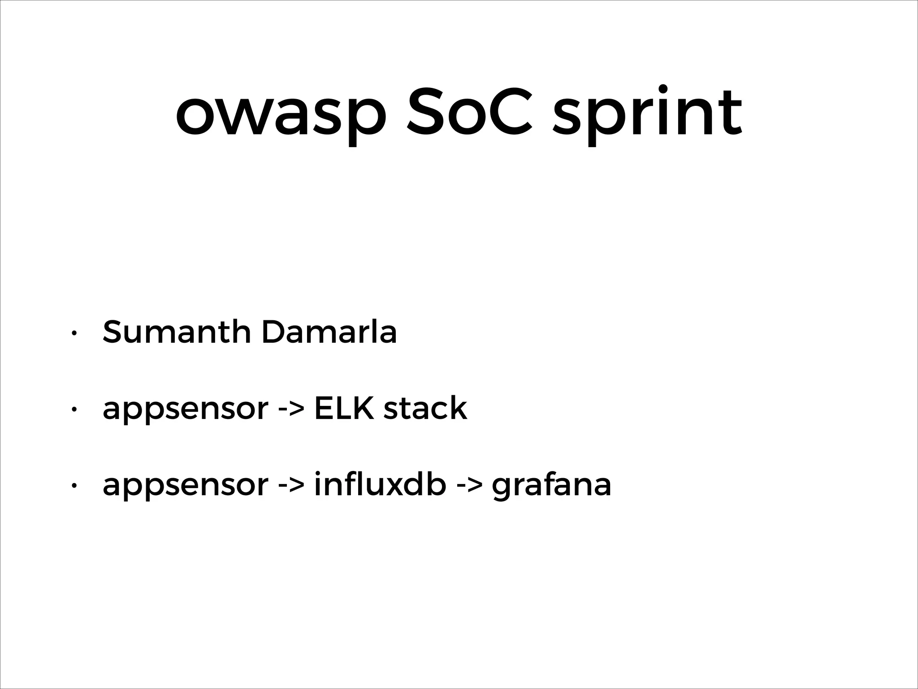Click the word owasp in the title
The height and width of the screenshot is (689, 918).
(x=281, y=114)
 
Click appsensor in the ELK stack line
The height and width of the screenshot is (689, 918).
(x=185, y=410)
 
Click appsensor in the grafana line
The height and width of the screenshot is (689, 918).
(x=185, y=486)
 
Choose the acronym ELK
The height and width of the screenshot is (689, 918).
(x=344, y=408)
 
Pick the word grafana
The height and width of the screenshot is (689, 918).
(x=551, y=486)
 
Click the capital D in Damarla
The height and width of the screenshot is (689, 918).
(x=274, y=332)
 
